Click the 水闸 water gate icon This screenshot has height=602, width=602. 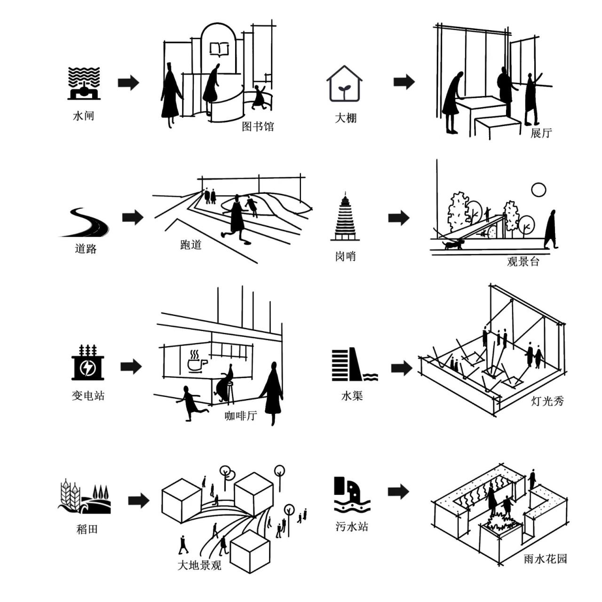point(84,83)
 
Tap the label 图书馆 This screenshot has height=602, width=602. point(257,126)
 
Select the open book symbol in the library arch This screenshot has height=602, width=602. point(219,48)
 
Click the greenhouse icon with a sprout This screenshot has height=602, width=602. point(344,84)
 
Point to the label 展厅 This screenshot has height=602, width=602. point(540,133)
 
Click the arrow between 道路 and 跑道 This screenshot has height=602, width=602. point(133,217)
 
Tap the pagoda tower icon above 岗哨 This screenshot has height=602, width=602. point(347,217)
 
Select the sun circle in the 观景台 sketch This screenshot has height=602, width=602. point(539,190)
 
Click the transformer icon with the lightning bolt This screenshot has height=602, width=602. point(87,363)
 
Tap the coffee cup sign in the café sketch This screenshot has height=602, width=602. point(197,361)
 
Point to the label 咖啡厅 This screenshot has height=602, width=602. point(240,416)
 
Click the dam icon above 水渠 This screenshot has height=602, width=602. point(354,365)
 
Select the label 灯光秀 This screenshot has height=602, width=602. point(547,401)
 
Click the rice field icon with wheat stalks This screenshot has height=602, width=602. point(85,497)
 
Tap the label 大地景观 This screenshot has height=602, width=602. point(199,565)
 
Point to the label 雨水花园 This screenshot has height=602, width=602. point(545,559)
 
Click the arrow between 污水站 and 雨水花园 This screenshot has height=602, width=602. point(398,491)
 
